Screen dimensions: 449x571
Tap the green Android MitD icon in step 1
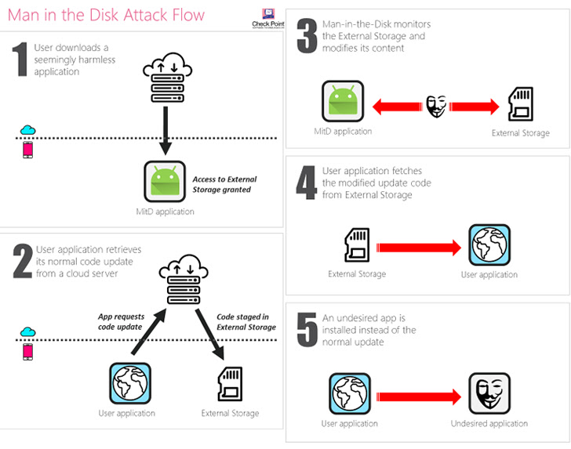165,182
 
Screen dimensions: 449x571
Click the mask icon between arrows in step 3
436,104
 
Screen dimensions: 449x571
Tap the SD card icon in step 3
521,104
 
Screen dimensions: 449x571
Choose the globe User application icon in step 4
489,245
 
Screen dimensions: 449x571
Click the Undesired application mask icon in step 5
489,393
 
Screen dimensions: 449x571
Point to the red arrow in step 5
419,394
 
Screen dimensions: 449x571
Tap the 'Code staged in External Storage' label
245,321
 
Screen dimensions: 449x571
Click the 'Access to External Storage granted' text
224,184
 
